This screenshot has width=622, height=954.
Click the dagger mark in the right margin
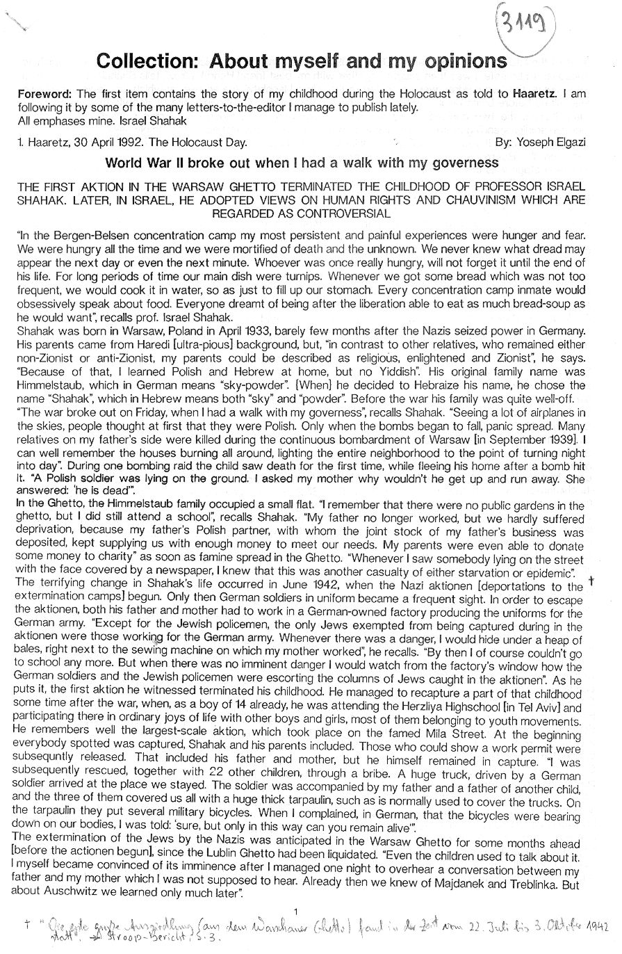click(591, 579)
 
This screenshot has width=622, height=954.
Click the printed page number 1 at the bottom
click(297, 911)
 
